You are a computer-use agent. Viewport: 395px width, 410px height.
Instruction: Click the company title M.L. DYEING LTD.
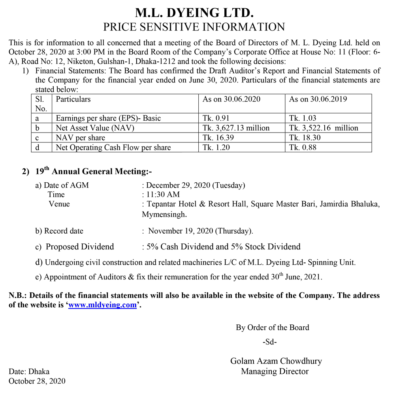click(x=194, y=13)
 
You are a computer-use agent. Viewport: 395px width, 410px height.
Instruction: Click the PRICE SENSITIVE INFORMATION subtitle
click(x=194, y=27)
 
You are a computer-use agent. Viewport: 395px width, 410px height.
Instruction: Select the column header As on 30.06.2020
click(x=231, y=99)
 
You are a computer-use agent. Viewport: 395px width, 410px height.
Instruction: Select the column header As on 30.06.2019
click(x=318, y=99)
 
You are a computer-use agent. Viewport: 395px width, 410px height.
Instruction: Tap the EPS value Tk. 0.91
click(x=216, y=118)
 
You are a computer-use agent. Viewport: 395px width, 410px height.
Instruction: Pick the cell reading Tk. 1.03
click(x=303, y=118)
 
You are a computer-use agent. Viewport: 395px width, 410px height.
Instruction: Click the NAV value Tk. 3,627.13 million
click(x=236, y=128)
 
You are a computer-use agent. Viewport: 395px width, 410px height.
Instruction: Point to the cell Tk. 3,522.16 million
click(x=324, y=128)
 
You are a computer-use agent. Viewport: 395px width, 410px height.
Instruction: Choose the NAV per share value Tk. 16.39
click(x=218, y=138)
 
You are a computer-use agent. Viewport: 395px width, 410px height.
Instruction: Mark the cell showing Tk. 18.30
click(x=305, y=138)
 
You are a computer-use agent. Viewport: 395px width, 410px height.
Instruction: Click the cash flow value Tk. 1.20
click(x=216, y=148)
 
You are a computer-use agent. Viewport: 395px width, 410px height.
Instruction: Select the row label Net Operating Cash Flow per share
click(x=113, y=148)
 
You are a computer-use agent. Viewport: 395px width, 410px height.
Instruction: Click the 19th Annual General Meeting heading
click(x=93, y=171)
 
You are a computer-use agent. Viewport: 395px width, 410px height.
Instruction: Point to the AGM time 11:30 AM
click(x=163, y=195)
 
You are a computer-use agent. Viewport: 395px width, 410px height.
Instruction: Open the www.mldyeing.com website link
click(x=102, y=305)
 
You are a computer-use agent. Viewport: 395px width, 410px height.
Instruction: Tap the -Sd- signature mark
click(x=270, y=342)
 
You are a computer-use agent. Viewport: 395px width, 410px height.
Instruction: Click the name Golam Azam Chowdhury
click(x=276, y=361)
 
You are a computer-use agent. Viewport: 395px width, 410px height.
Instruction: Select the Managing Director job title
click(x=275, y=371)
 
